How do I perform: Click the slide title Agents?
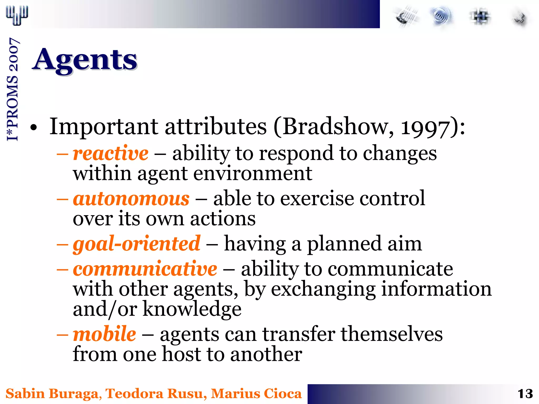[x=85, y=60]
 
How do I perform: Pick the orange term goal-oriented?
[x=137, y=244]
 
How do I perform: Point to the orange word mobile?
[x=104, y=334]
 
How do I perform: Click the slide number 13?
[x=525, y=394]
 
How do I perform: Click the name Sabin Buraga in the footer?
[x=52, y=394]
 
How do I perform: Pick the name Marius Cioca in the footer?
[x=256, y=394]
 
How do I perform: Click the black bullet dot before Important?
[x=33, y=127]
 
